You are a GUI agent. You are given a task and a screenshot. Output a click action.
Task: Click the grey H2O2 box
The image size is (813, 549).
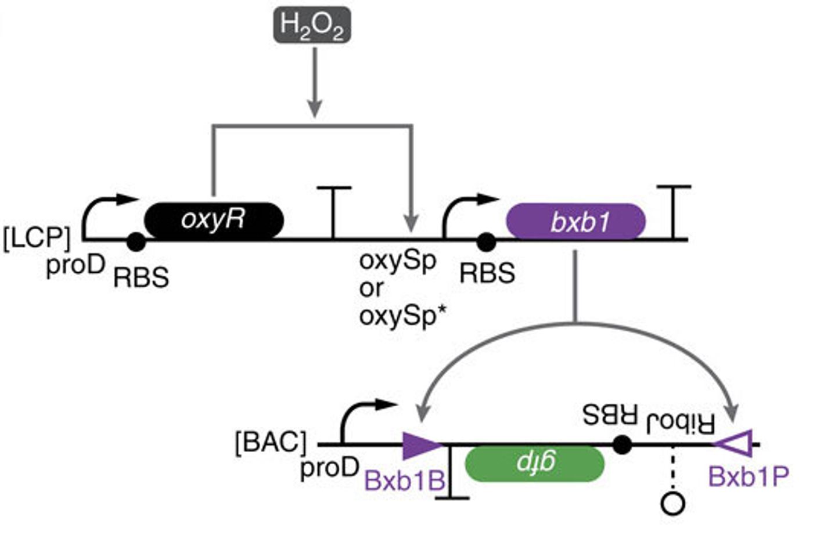[312, 25]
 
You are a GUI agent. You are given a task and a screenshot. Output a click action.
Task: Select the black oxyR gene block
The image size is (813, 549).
[214, 220]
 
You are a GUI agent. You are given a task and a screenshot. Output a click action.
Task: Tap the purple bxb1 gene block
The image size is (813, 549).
[575, 221]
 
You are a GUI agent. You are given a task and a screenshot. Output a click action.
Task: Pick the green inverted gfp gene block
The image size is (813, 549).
[535, 463]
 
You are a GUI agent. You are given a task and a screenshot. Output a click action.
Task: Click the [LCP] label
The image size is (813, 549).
[36, 238]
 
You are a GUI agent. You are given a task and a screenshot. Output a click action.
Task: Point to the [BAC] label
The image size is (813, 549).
[270, 443]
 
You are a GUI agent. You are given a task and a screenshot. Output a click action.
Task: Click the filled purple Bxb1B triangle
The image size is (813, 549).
[421, 445]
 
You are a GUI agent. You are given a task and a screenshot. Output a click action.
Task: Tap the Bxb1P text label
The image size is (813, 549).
[749, 477]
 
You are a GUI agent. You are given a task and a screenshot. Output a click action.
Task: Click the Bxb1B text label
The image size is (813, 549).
[405, 480]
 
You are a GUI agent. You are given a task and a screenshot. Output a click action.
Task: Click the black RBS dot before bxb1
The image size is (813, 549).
[486, 242]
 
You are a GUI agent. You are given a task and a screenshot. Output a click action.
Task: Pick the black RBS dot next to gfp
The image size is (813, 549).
[622, 445]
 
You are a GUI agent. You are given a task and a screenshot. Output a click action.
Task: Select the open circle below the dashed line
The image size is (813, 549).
[673, 504]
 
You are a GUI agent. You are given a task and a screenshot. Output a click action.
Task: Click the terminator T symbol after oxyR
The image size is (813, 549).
[333, 211]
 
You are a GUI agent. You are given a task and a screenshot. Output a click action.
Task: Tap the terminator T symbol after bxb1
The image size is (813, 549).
[673, 211]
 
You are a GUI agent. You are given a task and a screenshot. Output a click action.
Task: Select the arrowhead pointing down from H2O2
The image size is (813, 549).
[314, 109]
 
